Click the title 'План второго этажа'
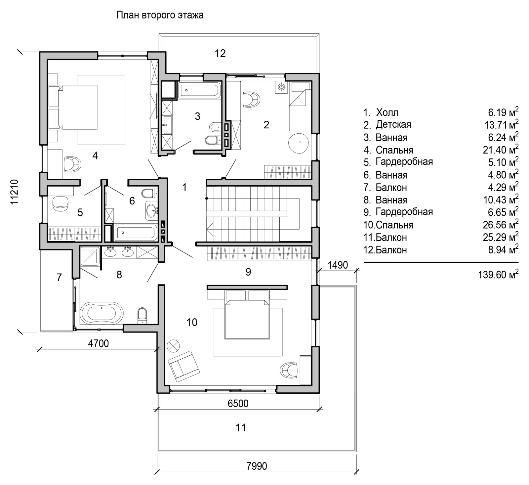[160, 15]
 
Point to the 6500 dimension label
[238, 403]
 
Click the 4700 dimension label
[98, 343]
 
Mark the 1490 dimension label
[338, 265]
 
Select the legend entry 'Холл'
[387, 112]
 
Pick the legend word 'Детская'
[393, 125]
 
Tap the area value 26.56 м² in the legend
[501, 225]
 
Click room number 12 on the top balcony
[220, 53]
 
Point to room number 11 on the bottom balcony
[240, 428]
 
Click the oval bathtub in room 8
[101, 313]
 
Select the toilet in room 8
[142, 315]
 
